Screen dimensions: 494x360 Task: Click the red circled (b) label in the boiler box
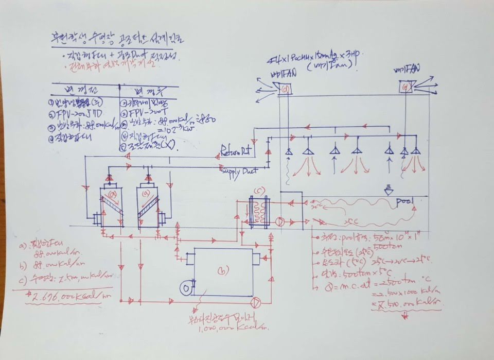click(222, 269)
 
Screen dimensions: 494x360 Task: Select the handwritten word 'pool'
click(405, 202)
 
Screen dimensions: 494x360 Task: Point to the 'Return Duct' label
click(237, 151)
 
